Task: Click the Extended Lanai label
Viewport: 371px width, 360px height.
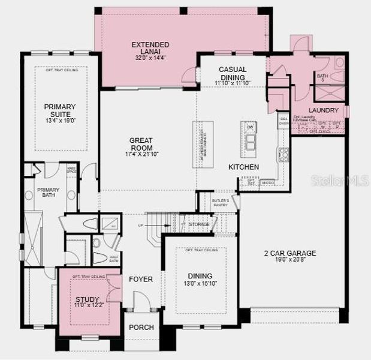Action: (x=150, y=49)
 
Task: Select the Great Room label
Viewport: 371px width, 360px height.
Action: (x=141, y=145)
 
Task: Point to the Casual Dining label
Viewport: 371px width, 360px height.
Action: (x=233, y=73)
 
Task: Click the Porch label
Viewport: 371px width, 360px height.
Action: (x=141, y=328)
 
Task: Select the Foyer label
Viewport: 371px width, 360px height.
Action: (x=141, y=279)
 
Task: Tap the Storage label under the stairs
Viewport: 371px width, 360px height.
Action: (x=198, y=224)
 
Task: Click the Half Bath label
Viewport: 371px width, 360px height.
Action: (x=114, y=259)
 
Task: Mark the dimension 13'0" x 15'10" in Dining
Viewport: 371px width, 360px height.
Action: (x=201, y=283)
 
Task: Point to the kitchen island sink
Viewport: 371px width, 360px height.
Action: (x=249, y=141)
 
